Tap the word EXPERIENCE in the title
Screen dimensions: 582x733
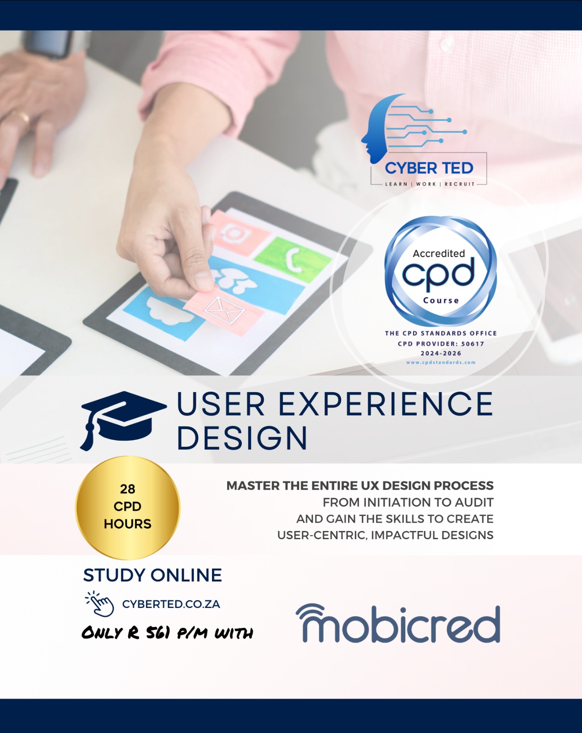(x=386, y=404)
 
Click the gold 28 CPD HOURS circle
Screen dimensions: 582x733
(x=128, y=508)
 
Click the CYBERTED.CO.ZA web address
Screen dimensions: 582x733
(x=171, y=604)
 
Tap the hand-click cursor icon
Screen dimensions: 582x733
(x=99, y=604)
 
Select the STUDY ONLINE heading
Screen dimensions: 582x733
(x=152, y=575)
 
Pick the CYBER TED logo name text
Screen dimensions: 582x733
(x=429, y=168)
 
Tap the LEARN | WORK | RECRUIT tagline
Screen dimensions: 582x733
(x=430, y=184)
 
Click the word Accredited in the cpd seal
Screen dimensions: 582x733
(x=439, y=253)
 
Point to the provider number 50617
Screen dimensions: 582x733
(x=473, y=344)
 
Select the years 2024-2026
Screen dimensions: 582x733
(x=441, y=353)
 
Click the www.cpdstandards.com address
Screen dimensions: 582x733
(x=441, y=362)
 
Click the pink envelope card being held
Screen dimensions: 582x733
(x=224, y=310)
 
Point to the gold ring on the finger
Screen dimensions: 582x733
(x=23, y=118)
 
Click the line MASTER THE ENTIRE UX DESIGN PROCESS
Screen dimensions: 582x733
(x=360, y=485)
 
